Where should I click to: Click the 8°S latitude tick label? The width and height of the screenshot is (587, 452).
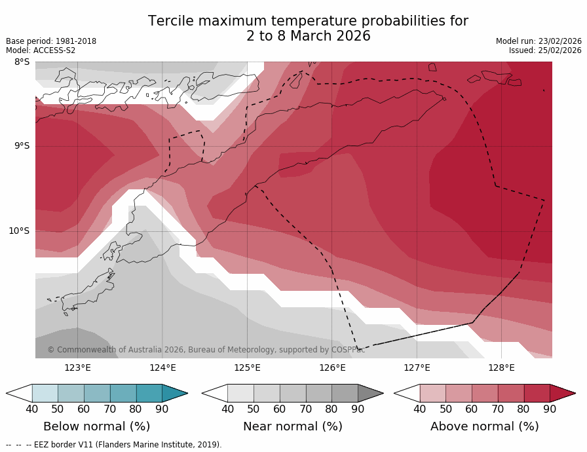22,62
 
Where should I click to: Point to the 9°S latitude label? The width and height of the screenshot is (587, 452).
22,146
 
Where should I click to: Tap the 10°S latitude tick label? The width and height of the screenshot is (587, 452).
19,231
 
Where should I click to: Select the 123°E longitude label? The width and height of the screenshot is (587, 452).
77,367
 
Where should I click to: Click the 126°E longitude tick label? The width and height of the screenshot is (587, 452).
332,367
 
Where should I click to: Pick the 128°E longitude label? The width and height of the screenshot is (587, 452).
501,367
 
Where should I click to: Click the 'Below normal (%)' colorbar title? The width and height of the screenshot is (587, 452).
96,426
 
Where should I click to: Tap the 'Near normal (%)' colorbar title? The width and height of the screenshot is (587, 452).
292,426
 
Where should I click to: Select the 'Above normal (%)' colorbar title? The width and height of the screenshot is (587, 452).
484,426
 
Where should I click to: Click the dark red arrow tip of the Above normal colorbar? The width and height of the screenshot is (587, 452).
564,393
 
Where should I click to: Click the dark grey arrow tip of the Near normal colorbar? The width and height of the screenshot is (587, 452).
371,393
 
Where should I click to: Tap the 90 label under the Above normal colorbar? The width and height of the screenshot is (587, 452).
550,409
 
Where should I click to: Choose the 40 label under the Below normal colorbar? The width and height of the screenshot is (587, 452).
31,409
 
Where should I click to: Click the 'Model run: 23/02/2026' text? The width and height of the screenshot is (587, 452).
539,41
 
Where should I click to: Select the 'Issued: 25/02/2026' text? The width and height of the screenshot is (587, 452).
545,50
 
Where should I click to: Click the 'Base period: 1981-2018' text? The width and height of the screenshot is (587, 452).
51,41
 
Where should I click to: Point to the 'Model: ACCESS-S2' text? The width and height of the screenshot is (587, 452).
41,50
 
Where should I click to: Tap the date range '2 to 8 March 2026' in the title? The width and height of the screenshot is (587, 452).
308,37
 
